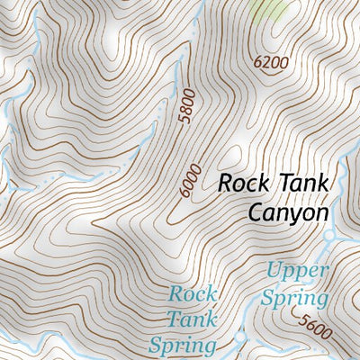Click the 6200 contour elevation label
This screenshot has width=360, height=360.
click(272, 63)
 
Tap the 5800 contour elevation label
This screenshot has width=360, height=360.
click(186, 109)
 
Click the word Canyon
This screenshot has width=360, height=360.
click(285, 212)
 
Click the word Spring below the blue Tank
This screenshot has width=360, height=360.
click(183, 345)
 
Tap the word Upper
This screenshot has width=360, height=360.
click(297, 270)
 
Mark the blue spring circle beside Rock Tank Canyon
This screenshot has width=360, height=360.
click(330, 236)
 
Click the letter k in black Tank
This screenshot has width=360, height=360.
click(321, 183)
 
